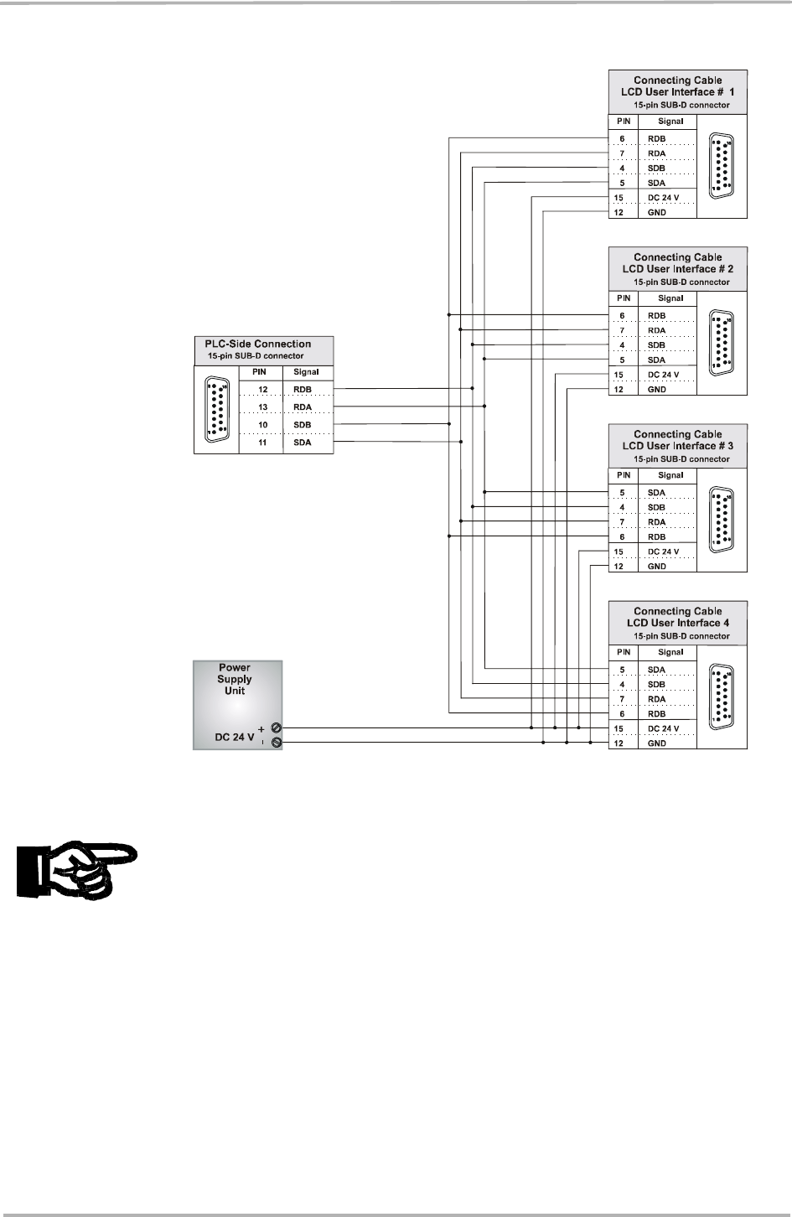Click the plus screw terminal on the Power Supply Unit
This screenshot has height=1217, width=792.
click(276, 729)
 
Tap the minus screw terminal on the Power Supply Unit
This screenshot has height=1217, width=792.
click(276, 743)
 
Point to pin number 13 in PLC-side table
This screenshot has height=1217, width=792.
click(262, 407)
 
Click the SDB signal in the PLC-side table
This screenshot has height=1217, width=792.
click(303, 425)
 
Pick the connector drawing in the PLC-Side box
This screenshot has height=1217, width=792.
click(217, 410)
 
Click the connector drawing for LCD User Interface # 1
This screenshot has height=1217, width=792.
click(720, 165)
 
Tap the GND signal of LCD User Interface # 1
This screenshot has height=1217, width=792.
click(657, 213)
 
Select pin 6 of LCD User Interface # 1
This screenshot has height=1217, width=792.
click(622, 139)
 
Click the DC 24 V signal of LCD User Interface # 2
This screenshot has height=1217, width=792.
click(663, 375)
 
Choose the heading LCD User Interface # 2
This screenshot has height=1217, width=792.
click(677, 269)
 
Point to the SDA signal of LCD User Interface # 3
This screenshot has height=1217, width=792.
click(657, 493)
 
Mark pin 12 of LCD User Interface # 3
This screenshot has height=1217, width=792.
click(619, 567)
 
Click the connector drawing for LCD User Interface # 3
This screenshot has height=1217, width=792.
click(720, 519)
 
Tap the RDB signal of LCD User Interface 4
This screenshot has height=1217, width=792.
click(657, 714)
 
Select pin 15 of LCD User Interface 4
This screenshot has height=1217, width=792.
click(619, 729)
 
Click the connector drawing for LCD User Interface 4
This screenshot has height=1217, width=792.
click(720, 696)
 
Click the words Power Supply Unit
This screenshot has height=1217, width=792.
click(235, 679)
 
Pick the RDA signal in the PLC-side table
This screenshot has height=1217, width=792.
click(303, 407)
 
